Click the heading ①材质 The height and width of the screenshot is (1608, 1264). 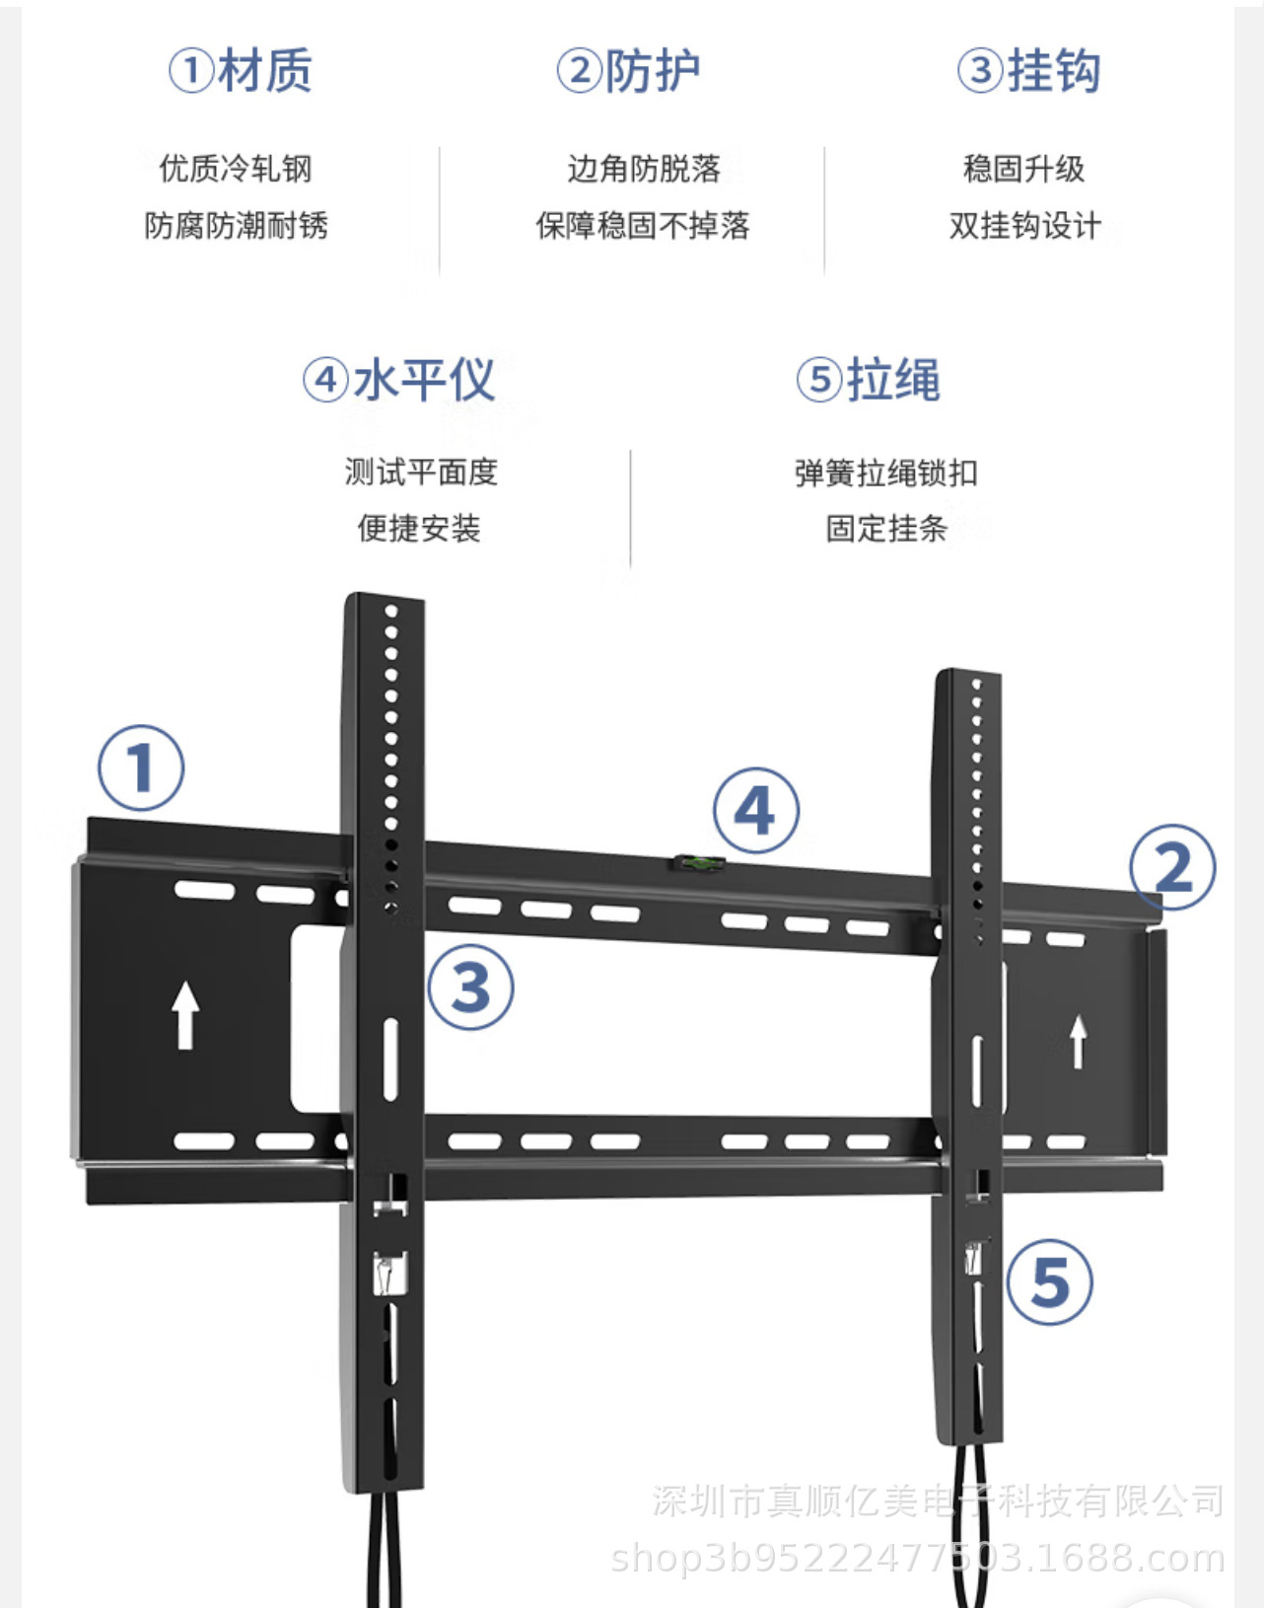coord(241,71)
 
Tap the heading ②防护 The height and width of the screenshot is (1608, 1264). coord(629,71)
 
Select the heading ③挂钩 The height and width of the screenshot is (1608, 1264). coord(1028,71)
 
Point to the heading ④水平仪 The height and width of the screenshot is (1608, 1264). coord(398,380)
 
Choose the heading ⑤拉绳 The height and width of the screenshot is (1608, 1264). coord(869,380)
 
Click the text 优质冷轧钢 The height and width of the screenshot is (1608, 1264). coord(236,169)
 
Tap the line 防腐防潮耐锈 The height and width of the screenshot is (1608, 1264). coord(236,226)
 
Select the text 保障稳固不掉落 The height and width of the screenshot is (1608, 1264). coord(643,226)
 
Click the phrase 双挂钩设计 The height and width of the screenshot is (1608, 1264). coord(1024,226)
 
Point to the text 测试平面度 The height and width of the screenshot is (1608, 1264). coord(421,472)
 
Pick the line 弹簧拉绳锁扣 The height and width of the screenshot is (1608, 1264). coord(886,473)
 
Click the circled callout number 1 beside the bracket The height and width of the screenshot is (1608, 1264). coord(141,767)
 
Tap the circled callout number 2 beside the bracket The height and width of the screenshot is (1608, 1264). coord(1172,868)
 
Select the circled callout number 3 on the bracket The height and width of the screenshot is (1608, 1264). coord(470,987)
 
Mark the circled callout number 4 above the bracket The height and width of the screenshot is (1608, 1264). coord(755,811)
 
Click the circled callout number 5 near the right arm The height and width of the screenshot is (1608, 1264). coord(1049,1281)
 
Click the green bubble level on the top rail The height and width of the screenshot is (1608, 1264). coord(699,864)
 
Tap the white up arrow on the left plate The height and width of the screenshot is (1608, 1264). coord(184,1014)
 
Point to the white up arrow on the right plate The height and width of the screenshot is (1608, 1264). coord(1079,1042)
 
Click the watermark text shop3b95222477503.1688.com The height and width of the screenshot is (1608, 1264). coord(917,1559)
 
